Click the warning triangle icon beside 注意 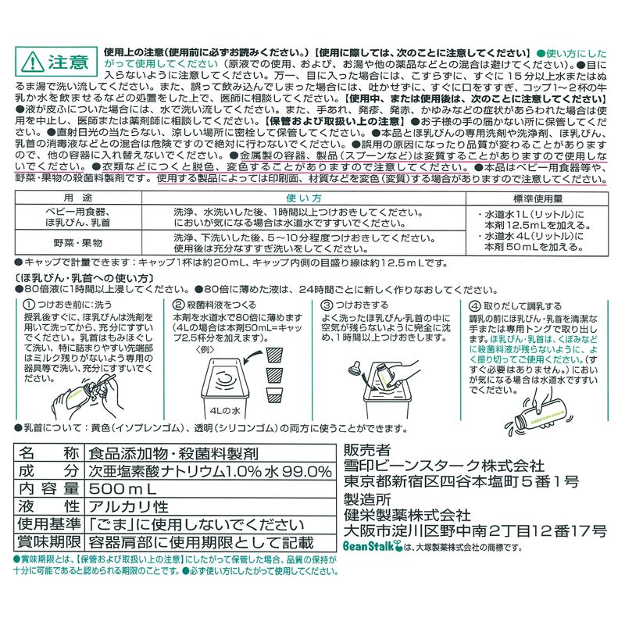coord(32,62)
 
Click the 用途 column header coord(78,198)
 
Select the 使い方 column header coord(304,198)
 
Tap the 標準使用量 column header coord(537,198)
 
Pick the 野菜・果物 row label coord(78,242)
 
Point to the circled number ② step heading coord(214,305)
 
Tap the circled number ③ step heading coord(355,305)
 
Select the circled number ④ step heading coord(515,306)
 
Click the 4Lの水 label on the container coord(225,411)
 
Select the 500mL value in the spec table coord(123,489)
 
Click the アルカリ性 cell coord(128,506)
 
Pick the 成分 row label coord(48,471)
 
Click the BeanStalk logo coord(373,545)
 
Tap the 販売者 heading coord(367,451)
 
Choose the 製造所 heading coord(367,499)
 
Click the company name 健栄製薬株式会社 coord(407,516)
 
